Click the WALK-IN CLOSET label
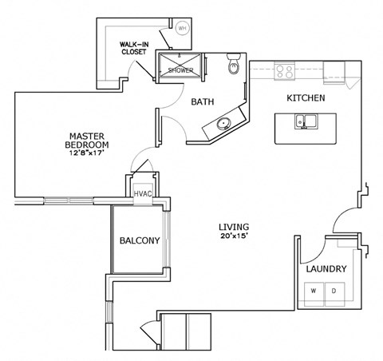(x=132, y=49)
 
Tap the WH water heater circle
(x=183, y=29)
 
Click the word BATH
(x=200, y=101)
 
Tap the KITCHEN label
(x=305, y=98)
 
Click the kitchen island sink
(x=304, y=122)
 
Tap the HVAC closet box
(x=143, y=192)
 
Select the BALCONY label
(x=140, y=240)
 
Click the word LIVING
(x=235, y=227)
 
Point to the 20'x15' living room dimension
(x=235, y=236)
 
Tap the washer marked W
(x=314, y=291)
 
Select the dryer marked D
(x=334, y=291)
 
